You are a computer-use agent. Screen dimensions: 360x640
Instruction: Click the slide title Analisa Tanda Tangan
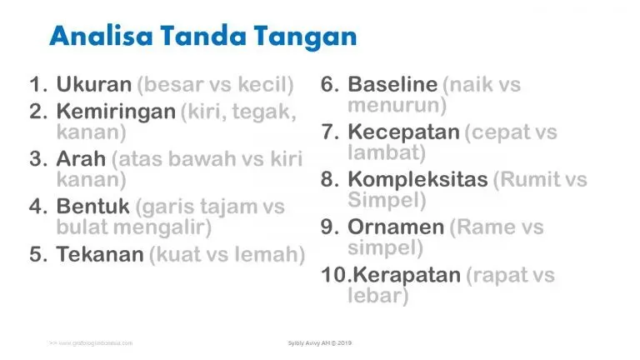[x=202, y=36]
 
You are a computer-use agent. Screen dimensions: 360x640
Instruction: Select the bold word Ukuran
[x=93, y=84]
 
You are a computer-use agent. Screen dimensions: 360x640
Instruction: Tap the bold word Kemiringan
[x=116, y=112]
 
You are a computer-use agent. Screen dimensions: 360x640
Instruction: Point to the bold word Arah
[x=80, y=159]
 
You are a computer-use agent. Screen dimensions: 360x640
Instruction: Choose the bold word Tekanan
[x=100, y=254]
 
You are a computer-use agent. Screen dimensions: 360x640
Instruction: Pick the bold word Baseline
[x=392, y=84]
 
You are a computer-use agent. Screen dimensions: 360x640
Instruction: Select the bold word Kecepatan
[x=403, y=132]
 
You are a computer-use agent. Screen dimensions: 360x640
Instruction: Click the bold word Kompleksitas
[x=417, y=179]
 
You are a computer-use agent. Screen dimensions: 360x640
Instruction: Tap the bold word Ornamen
[x=396, y=227]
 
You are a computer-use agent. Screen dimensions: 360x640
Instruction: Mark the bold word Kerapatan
[x=403, y=274]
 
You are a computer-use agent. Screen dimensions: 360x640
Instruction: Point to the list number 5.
[x=38, y=254]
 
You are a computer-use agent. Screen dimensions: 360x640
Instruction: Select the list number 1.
[x=38, y=84]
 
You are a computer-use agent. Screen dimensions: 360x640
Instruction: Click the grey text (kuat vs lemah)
[x=227, y=254]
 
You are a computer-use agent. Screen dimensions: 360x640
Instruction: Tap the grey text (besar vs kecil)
[x=215, y=84]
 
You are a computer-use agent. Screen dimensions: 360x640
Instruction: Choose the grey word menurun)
[x=397, y=105]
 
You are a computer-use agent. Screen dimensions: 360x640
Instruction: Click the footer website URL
[x=90, y=342]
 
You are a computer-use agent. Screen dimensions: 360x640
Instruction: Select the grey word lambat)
[x=387, y=152]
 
